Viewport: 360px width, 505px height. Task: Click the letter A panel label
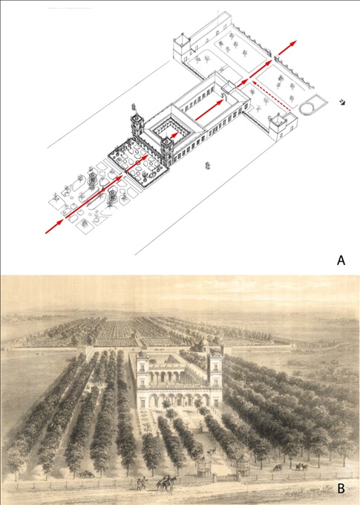(341, 260)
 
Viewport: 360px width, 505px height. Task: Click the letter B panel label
(341, 488)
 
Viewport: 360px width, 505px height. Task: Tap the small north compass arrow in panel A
(343, 102)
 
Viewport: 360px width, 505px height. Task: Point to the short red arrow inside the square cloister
(174, 135)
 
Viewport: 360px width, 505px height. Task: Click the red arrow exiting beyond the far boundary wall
(287, 48)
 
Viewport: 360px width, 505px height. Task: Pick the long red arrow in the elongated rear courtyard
(209, 110)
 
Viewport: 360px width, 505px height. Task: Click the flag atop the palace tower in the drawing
(134, 107)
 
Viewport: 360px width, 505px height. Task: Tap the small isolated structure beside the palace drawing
(208, 166)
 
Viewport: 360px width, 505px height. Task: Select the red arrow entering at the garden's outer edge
(54, 226)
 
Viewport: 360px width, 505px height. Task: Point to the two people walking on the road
(141, 483)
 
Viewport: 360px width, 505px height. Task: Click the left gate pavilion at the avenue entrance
(203, 467)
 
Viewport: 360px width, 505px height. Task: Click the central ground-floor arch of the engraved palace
(178, 400)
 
